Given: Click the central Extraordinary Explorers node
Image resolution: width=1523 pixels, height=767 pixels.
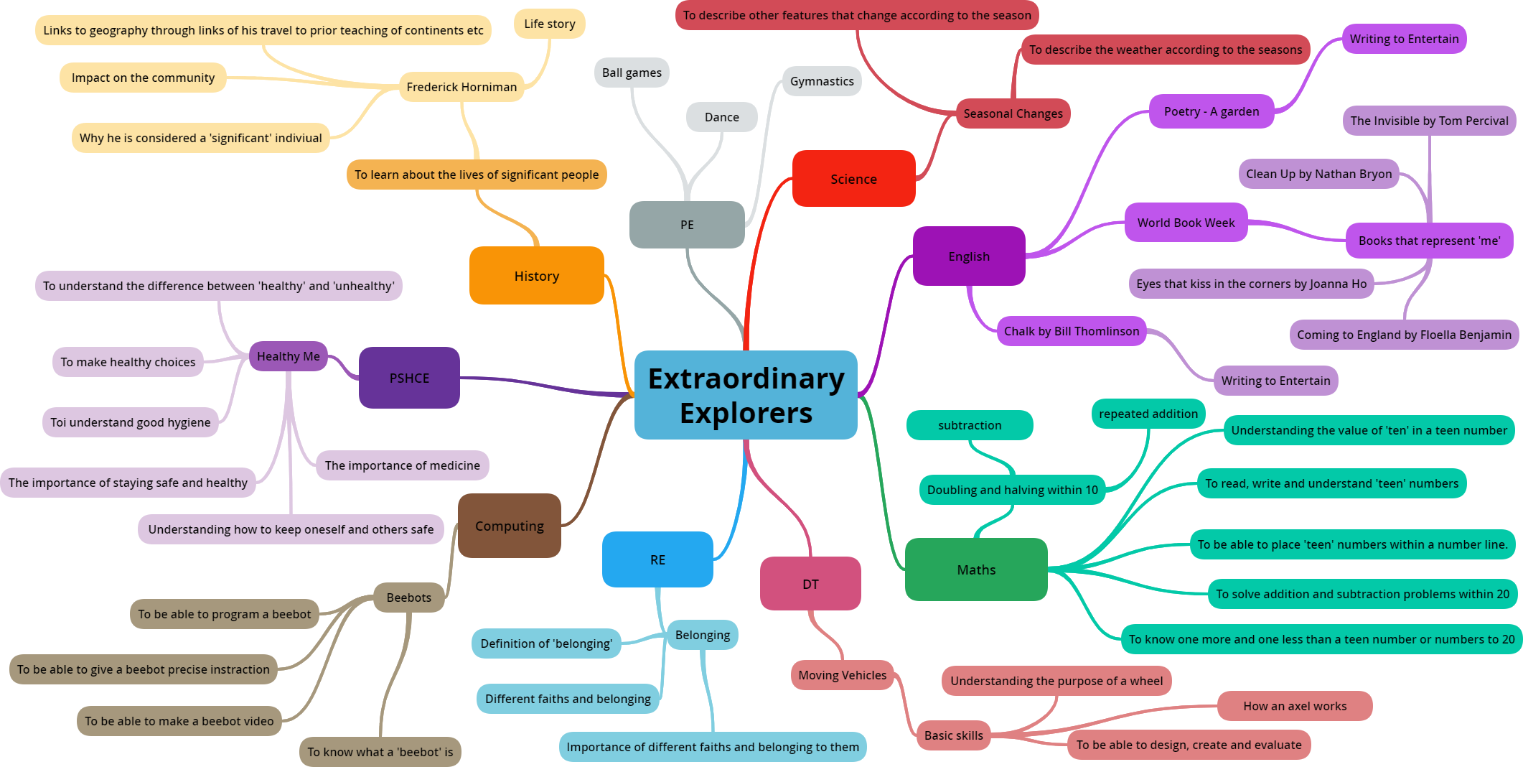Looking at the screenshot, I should click(x=746, y=395).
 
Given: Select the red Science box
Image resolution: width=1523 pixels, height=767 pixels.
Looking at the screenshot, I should click(x=853, y=179).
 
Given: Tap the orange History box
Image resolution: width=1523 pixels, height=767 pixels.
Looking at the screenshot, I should click(x=536, y=276).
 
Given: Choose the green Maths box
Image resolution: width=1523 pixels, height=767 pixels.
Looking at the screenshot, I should click(x=976, y=570).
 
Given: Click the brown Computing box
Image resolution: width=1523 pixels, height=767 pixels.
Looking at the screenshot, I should click(x=509, y=526).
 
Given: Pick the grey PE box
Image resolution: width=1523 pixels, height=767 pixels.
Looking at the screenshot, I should click(x=687, y=225).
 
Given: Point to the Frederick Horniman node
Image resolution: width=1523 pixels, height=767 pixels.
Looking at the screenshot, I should click(x=461, y=87).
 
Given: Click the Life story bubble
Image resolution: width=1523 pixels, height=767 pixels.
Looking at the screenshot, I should click(x=549, y=24).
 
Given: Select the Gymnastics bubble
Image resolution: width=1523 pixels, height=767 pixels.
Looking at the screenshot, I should click(x=822, y=81).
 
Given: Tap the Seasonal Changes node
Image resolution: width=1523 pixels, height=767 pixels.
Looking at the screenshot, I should click(x=1013, y=113).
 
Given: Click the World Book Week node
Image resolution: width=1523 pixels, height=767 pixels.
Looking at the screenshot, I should click(x=1186, y=223).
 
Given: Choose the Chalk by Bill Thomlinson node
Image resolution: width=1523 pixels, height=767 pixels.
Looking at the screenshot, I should click(x=1071, y=331).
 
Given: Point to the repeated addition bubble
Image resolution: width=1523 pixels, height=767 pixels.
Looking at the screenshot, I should click(x=1148, y=414).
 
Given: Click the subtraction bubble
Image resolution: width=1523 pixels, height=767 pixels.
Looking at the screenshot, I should click(x=970, y=425).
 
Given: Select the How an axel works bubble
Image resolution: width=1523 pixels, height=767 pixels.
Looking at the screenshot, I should click(x=1295, y=706).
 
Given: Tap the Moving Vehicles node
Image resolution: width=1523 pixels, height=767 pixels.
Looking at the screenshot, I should click(x=842, y=675).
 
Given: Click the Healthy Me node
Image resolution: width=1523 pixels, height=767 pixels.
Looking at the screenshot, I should click(x=288, y=356).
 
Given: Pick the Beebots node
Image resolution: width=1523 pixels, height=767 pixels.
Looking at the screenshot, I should click(x=408, y=598).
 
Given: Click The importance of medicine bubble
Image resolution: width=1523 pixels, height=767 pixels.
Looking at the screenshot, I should click(x=402, y=465).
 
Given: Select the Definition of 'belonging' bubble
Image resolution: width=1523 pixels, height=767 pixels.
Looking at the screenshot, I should click(x=546, y=643).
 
